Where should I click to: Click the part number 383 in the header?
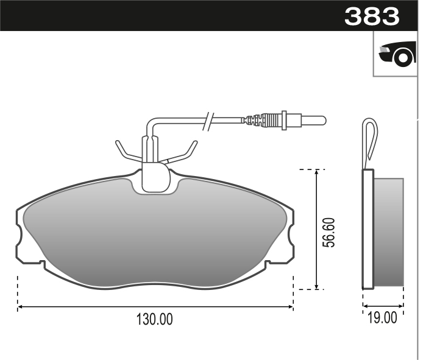pos(372,16)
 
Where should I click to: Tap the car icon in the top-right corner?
pos(396,54)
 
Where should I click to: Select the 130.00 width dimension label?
pos(155,319)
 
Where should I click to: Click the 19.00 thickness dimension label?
pos(383,317)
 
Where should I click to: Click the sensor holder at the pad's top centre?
pos(155,176)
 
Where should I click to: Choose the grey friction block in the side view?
pos(388,231)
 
